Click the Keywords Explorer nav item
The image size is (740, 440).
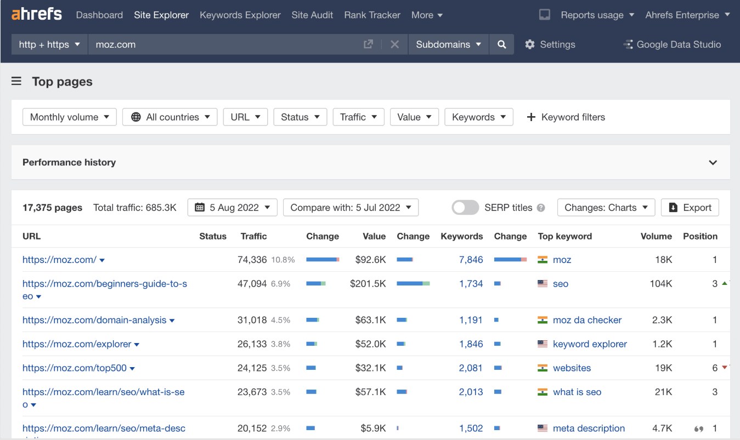[240, 15]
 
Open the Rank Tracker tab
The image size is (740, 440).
[372, 15]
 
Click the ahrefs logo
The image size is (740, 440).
[37, 14]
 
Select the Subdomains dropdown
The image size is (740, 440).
[448, 44]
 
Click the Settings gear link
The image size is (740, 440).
[550, 44]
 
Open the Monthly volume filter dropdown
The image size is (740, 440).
[70, 117]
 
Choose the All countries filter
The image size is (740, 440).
[170, 117]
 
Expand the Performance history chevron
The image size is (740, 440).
[713, 162]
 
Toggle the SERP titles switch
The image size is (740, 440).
[465, 208]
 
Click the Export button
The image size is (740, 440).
[690, 208]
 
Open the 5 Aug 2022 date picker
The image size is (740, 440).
[233, 208]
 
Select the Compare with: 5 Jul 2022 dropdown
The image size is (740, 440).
[351, 208]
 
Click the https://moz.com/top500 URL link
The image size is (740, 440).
[75, 368]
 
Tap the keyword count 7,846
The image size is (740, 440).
[471, 260]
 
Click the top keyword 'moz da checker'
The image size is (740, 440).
[587, 320]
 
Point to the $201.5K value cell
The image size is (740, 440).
[368, 284]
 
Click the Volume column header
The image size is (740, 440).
[656, 236]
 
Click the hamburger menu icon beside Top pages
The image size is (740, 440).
[16, 82]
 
